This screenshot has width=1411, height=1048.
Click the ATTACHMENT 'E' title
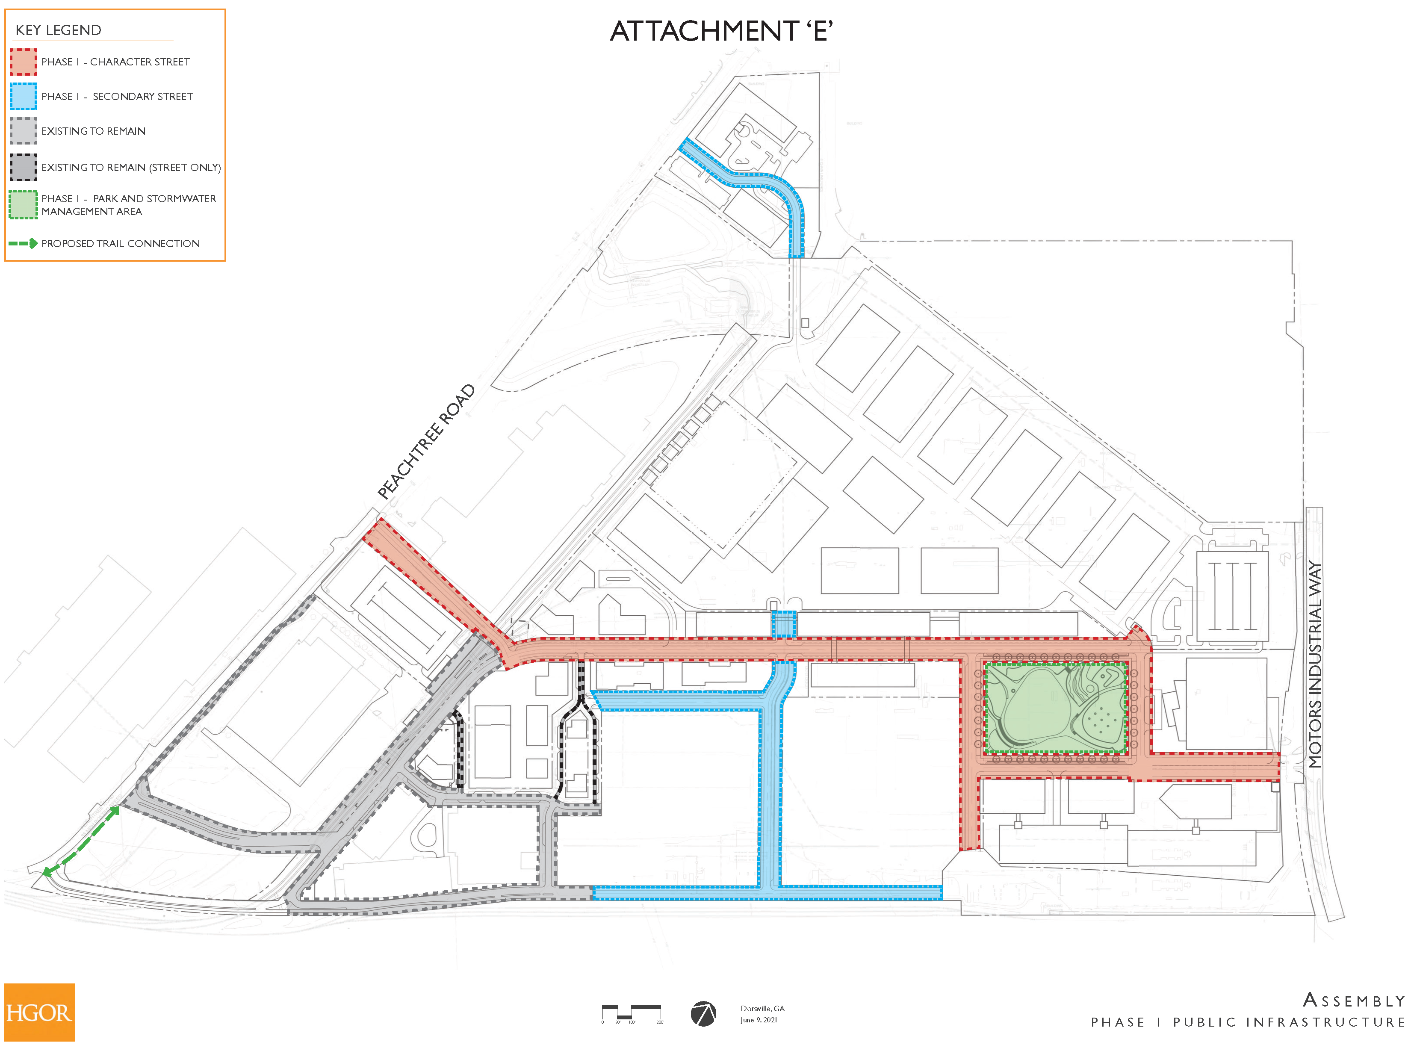721,31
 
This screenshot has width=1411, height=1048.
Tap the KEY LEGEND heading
59,30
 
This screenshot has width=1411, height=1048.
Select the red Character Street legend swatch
24,62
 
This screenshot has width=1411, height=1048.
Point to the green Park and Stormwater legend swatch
24,205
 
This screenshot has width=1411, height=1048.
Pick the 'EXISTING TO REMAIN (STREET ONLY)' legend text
131,168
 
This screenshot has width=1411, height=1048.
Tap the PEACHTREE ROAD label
426,442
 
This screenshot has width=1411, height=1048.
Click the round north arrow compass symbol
703,1014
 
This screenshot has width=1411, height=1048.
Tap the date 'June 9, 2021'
758,1020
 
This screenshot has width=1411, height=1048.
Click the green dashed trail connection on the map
80,842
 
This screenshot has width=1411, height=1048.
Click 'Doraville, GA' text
762,1008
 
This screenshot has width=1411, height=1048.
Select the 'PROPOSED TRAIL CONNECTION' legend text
121,244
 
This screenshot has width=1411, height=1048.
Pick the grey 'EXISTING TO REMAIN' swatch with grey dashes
24,131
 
